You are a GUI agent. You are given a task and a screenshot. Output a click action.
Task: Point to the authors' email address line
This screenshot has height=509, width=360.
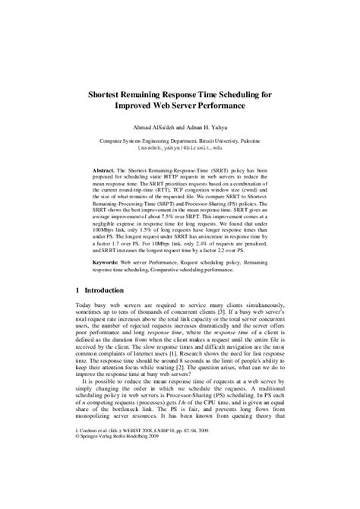pos(180,149)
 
